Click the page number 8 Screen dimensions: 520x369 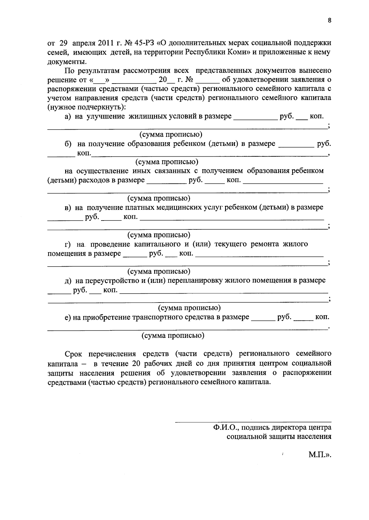coord(330,21)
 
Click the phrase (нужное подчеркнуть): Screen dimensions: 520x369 coord(87,107)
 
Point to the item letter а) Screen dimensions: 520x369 coord(68,116)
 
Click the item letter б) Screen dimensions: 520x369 coord(68,144)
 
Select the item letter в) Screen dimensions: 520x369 coord(68,207)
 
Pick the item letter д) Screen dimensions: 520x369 coord(68,280)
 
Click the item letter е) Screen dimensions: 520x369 coord(68,317)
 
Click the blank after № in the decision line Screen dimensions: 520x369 coord(208,80)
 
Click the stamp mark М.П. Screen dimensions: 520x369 coord(319,455)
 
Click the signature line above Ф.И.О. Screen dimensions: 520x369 coord(253,422)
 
